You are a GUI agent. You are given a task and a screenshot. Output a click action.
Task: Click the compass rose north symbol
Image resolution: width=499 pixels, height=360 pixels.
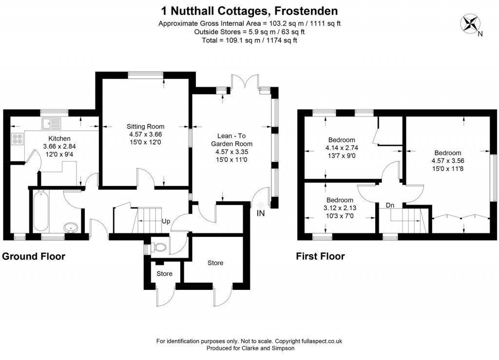click(x=471, y=24)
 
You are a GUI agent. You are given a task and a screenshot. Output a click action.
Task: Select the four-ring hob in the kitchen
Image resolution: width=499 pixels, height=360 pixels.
click(x=18, y=139)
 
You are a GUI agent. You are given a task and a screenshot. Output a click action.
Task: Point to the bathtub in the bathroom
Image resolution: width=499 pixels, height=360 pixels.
click(x=40, y=212)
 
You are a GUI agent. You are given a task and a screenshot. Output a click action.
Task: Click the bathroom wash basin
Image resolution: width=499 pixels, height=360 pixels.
click(x=72, y=227)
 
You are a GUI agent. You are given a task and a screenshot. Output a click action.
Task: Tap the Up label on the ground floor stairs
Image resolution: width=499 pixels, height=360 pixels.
click(x=166, y=221)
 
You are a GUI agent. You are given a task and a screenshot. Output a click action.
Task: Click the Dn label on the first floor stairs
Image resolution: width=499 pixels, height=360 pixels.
click(x=390, y=205)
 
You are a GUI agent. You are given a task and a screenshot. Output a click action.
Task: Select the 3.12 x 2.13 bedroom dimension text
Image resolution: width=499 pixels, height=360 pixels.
click(x=340, y=208)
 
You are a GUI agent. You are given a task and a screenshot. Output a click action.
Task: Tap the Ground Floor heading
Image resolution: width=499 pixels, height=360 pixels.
click(x=34, y=256)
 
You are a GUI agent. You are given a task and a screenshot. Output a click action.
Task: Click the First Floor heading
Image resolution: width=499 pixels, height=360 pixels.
click(x=320, y=256)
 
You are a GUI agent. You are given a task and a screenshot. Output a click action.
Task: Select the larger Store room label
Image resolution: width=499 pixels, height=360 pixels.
click(x=215, y=263)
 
